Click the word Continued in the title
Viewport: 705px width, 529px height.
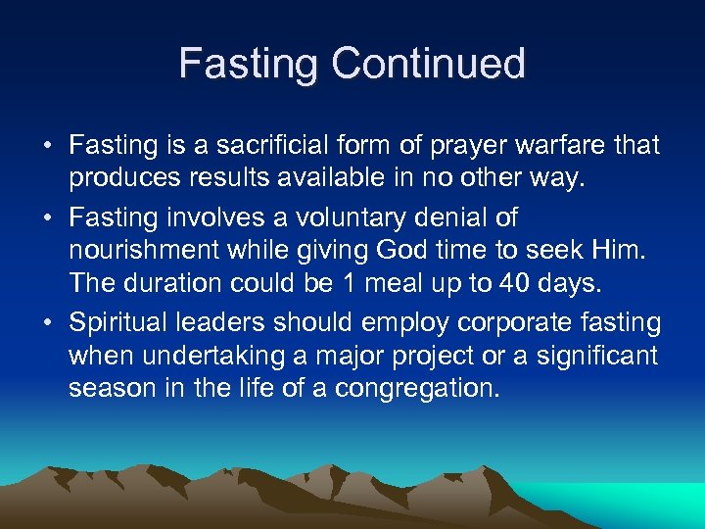click(428, 64)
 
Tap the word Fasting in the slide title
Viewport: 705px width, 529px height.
click(249, 64)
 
